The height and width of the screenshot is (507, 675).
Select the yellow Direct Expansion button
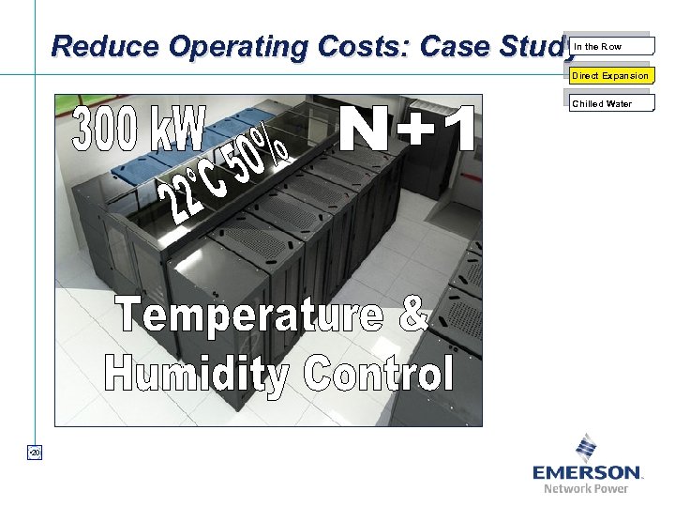click(610, 75)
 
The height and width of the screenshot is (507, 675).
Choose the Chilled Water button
click(610, 104)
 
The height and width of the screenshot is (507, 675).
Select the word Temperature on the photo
click(248, 314)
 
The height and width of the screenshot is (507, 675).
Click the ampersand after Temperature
click(412, 314)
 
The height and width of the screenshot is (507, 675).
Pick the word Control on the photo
click(378, 372)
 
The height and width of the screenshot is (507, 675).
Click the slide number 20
click(34, 454)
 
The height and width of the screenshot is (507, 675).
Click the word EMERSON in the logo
click(587, 472)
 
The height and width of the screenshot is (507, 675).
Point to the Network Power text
click(586, 488)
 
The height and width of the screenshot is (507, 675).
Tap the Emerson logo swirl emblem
click(587, 447)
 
